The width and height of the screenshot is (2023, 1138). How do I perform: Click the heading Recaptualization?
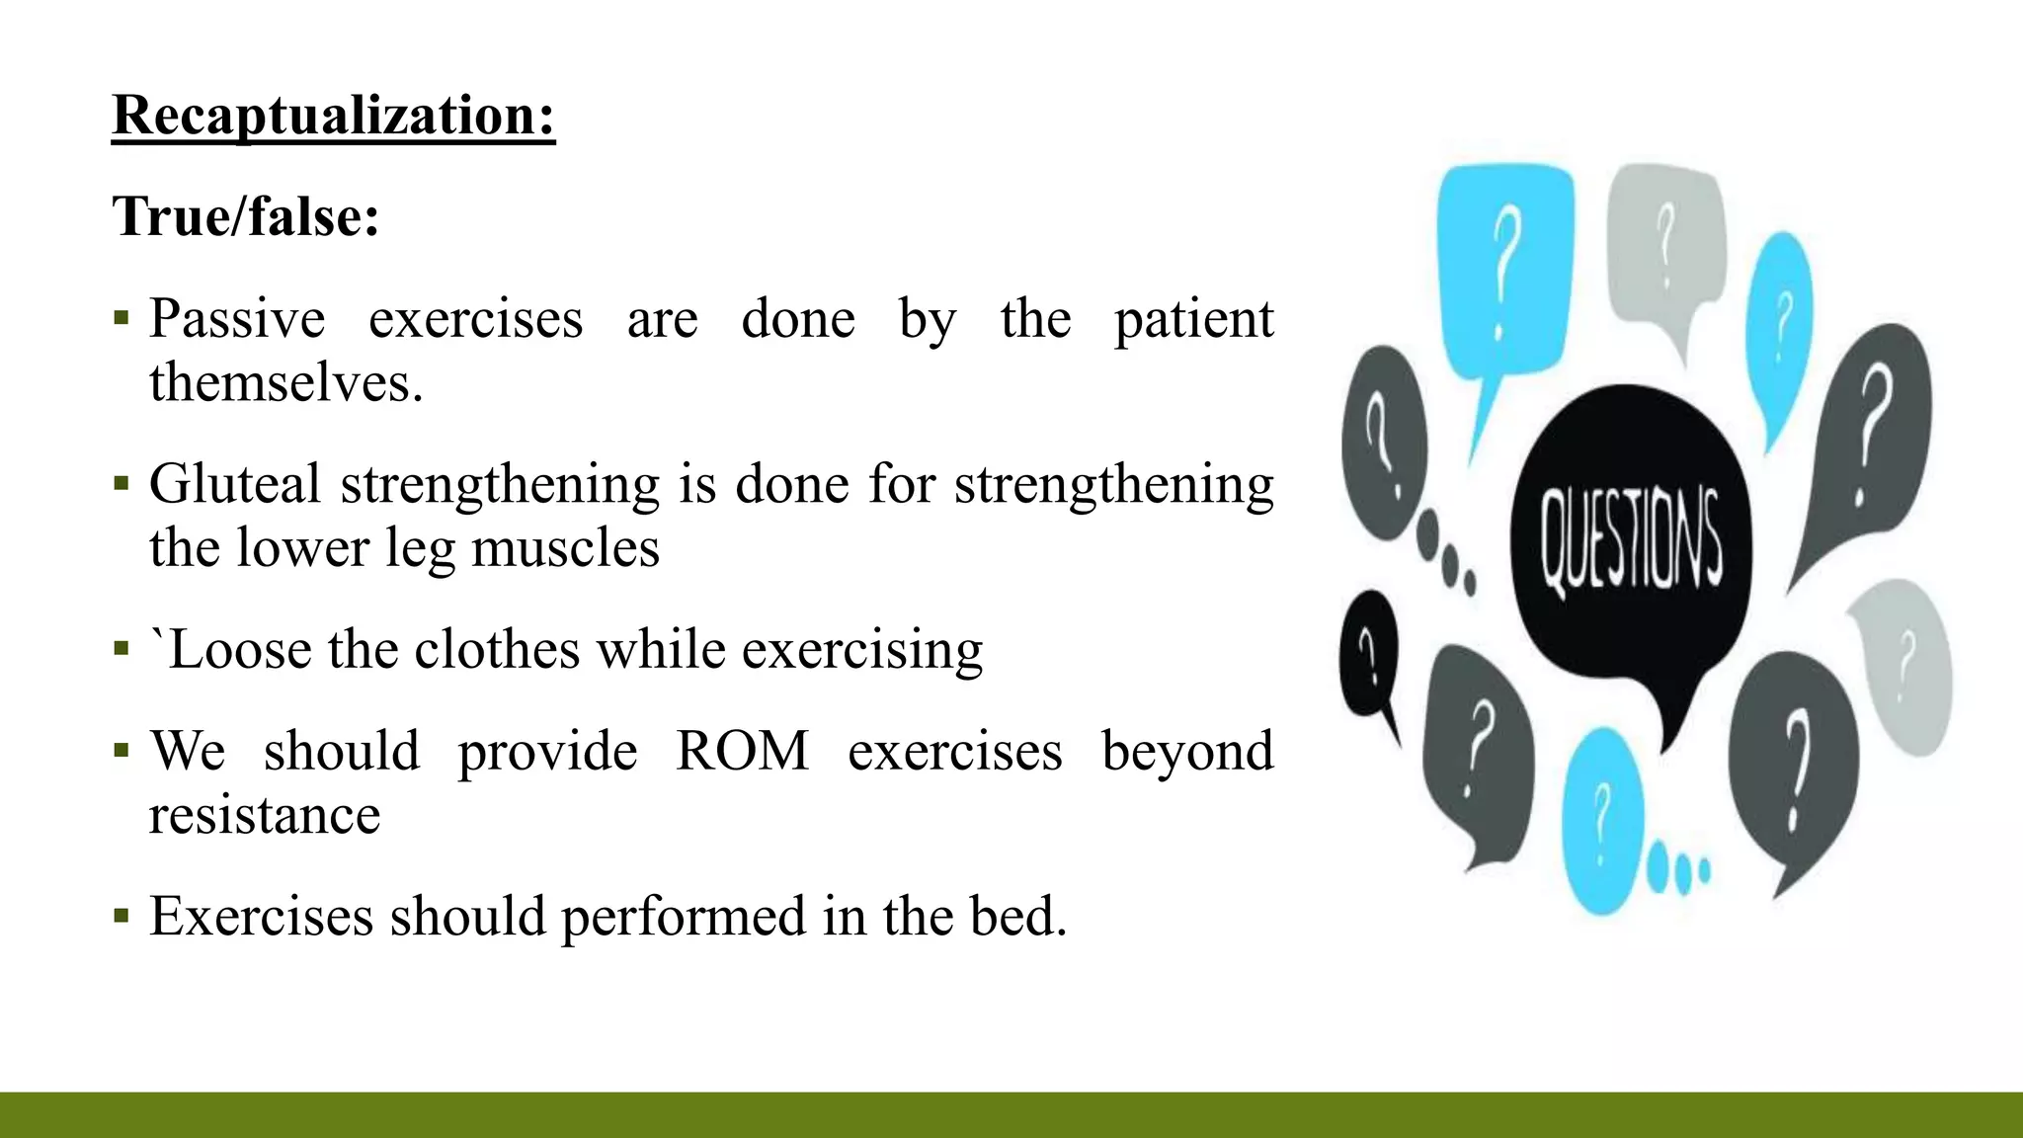pyautogui.click(x=333, y=116)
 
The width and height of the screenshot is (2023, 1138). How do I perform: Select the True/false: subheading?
pyautogui.click(x=246, y=216)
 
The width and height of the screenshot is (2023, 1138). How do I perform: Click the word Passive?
pyautogui.click(x=237, y=319)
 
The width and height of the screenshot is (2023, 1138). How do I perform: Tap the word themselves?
pyautogui.click(x=285, y=383)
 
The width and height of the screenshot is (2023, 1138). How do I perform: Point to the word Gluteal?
pyautogui.click(x=235, y=485)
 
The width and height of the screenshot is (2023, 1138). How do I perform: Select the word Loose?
pyautogui.click(x=241, y=650)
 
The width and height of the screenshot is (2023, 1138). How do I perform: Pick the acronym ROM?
pyautogui.click(x=742, y=751)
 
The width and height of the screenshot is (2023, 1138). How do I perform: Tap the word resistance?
pyautogui.click(x=265, y=816)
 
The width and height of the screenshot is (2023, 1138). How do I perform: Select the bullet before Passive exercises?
pyautogui.click(x=121, y=318)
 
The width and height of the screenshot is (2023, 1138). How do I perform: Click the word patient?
pyautogui.click(x=1194, y=319)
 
